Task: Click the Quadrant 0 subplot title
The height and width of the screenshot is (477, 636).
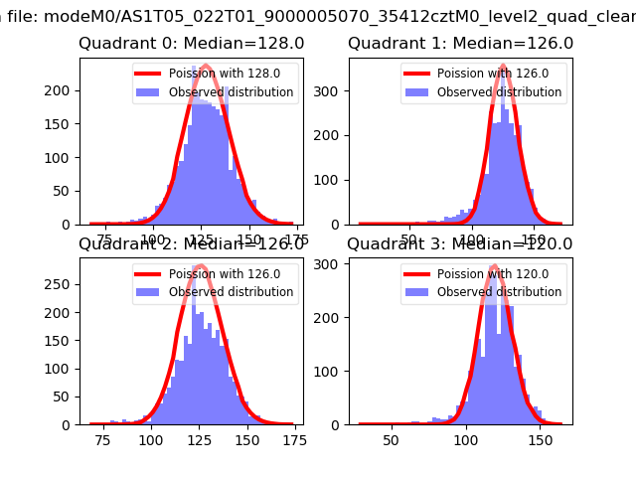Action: [x=191, y=44]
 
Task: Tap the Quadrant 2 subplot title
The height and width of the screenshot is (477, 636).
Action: [x=191, y=243]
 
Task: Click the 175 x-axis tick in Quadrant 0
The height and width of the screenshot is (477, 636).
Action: [x=295, y=239]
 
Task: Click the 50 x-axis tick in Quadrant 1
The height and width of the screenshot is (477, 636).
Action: [x=408, y=239]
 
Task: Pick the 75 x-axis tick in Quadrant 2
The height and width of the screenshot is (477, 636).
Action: [x=103, y=440]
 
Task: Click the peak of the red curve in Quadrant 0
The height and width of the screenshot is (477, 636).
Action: [x=204, y=67]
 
